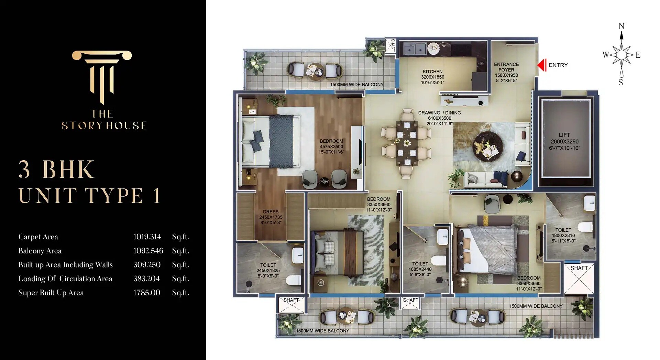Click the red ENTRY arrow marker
pos(542,65)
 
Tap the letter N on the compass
pos(621,26)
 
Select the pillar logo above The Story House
pos(102,76)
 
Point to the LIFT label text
pos(564,135)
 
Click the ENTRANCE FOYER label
pos(506,67)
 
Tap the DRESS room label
pos(271,212)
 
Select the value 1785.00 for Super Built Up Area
pos(147,293)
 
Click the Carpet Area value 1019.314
pos(147,237)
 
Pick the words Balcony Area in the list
pos(40,251)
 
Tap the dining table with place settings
pos(407,143)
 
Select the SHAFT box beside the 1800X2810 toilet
pos(579,278)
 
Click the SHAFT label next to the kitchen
pos(393,45)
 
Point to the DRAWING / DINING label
pos(439,113)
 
